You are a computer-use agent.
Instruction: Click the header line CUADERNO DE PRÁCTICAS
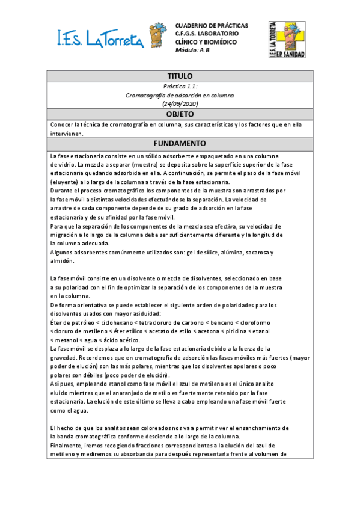coord(211,26)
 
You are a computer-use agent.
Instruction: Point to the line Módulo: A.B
coord(192,50)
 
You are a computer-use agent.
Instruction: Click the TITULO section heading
coord(180,76)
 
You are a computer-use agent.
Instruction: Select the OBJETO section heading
coord(180,114)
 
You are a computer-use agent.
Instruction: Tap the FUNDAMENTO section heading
coord(180,144)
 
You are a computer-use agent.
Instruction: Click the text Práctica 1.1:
coord(180,87)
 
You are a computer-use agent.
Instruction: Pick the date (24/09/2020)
coord(180,104)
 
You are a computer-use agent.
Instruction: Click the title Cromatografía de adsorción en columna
coord(180,95)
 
